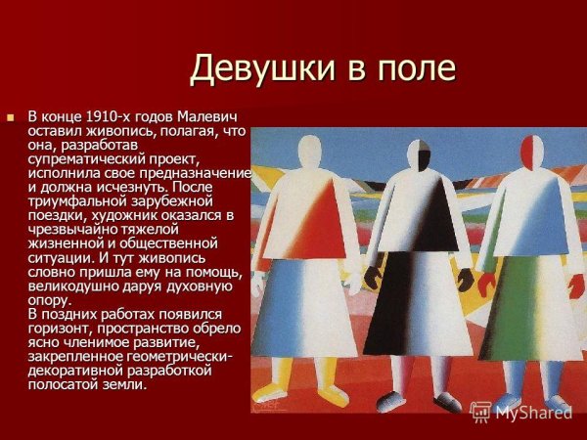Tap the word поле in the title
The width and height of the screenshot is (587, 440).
[x=415, y=68]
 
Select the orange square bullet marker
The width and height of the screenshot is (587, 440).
[x=12, y=117]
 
